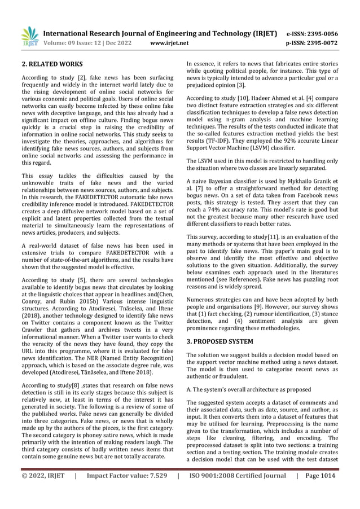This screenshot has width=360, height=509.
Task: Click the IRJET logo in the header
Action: coord(29,36)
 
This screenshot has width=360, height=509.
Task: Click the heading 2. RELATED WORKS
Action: coord(49,65)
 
